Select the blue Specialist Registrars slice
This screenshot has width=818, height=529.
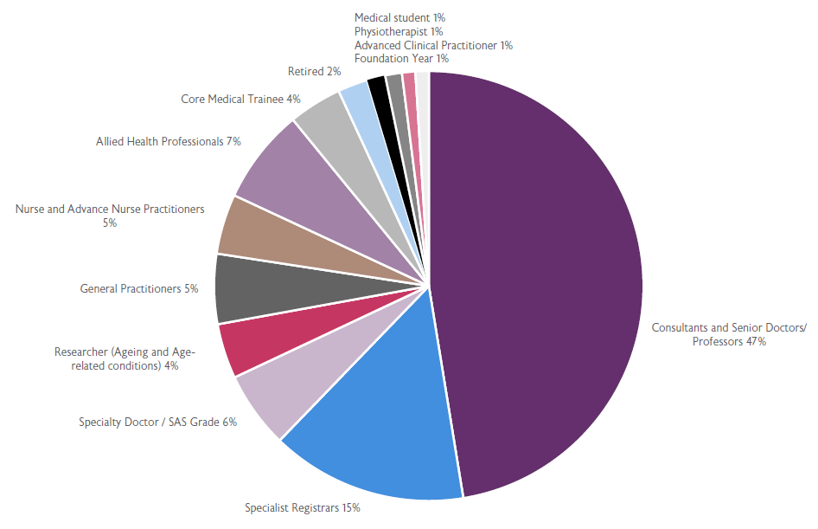click(x=380, y=416)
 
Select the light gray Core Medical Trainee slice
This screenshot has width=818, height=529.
click(x=323, y=117)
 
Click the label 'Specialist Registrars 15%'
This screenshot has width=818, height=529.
click(x=302, y=507)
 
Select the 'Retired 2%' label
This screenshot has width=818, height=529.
click(x=314, y=72)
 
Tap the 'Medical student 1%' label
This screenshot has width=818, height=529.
click(x=399, y=17)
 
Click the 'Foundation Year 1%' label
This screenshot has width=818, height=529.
click(x=401, y=58)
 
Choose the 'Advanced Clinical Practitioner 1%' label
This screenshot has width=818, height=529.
click(x=433, y=45)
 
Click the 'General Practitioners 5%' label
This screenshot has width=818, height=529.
click(x=139, y=289)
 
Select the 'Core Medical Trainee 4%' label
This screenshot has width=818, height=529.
click(x=240, y=100)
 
